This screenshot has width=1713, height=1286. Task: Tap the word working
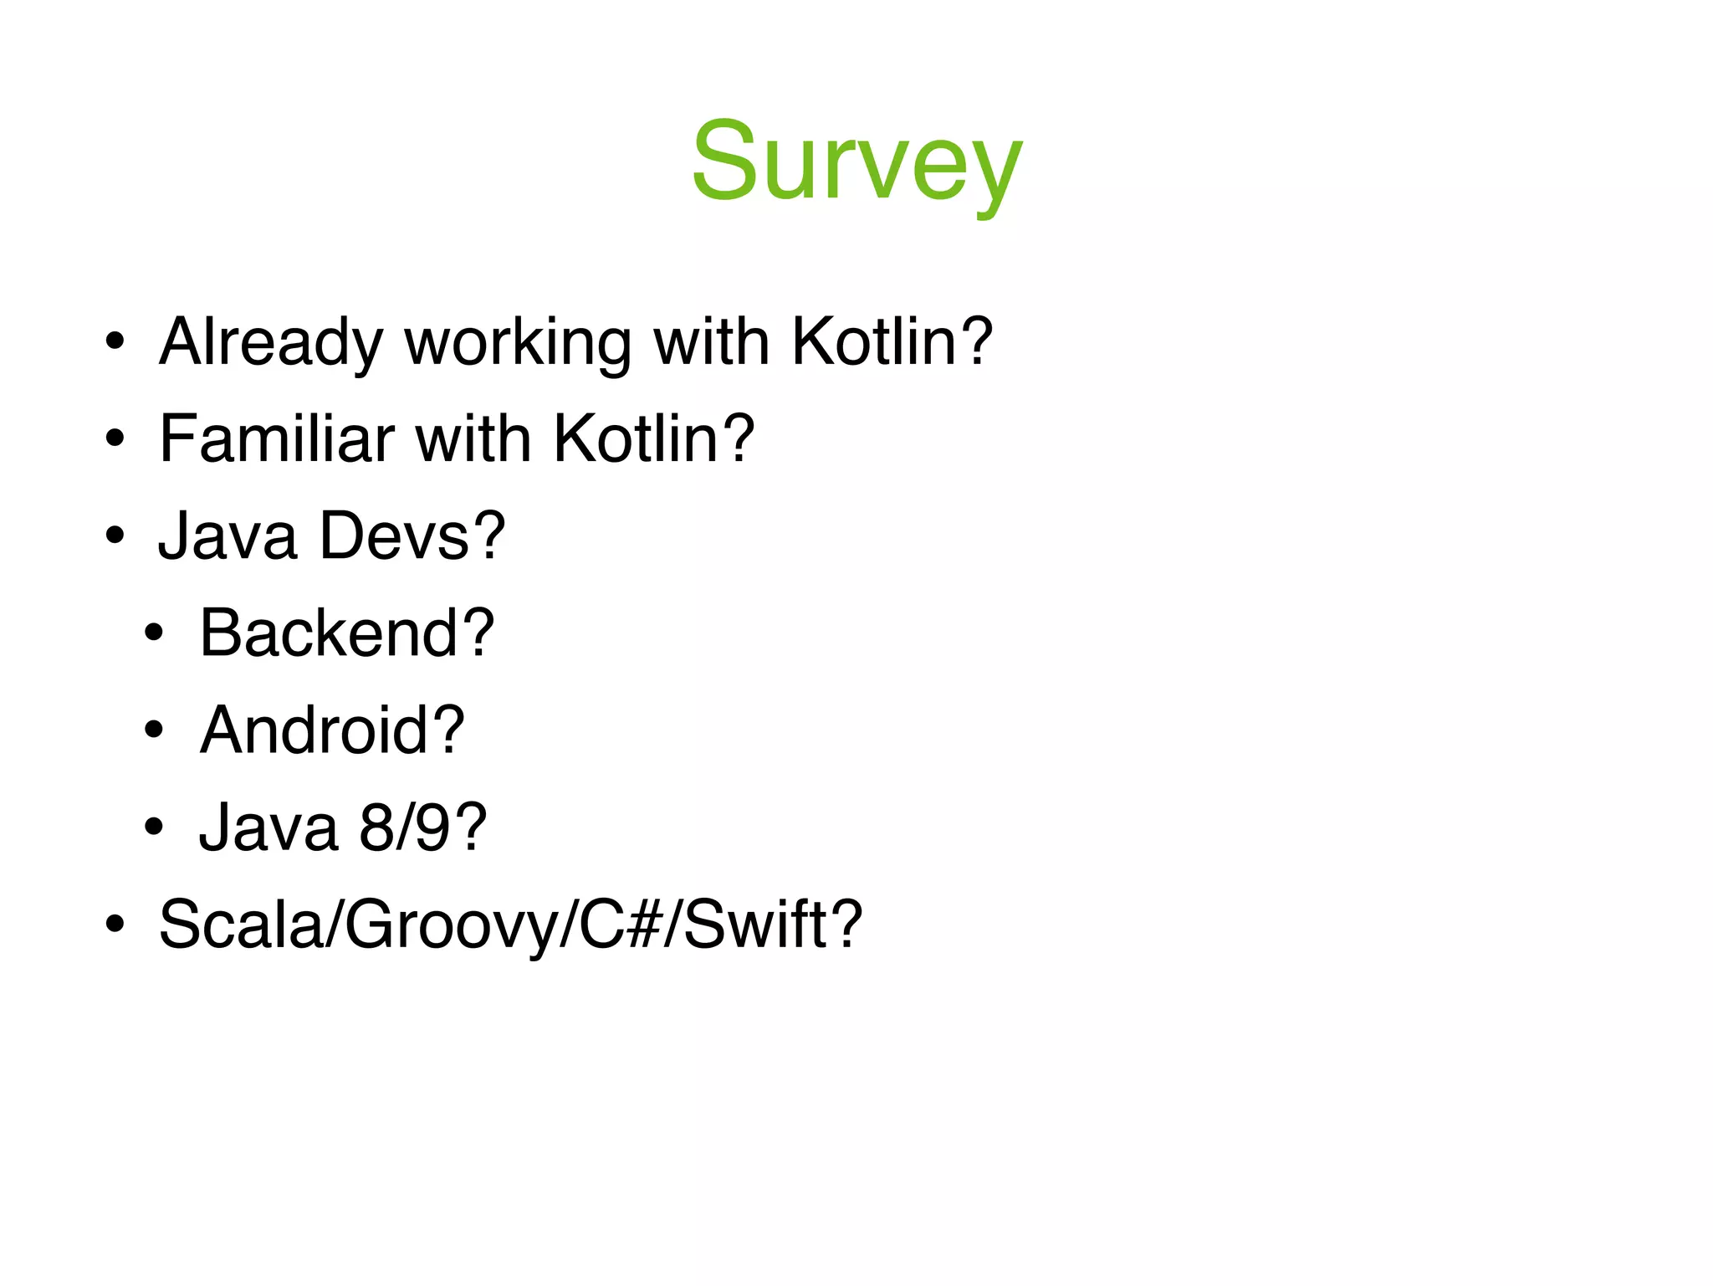518,342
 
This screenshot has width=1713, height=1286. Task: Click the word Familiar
277,439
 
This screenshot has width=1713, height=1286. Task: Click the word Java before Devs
228,536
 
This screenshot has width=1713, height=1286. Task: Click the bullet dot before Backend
153,633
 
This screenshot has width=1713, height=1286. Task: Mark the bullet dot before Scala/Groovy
115,925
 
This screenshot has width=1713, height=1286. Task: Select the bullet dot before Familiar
115,439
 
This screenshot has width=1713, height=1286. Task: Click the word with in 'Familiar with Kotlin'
473,439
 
